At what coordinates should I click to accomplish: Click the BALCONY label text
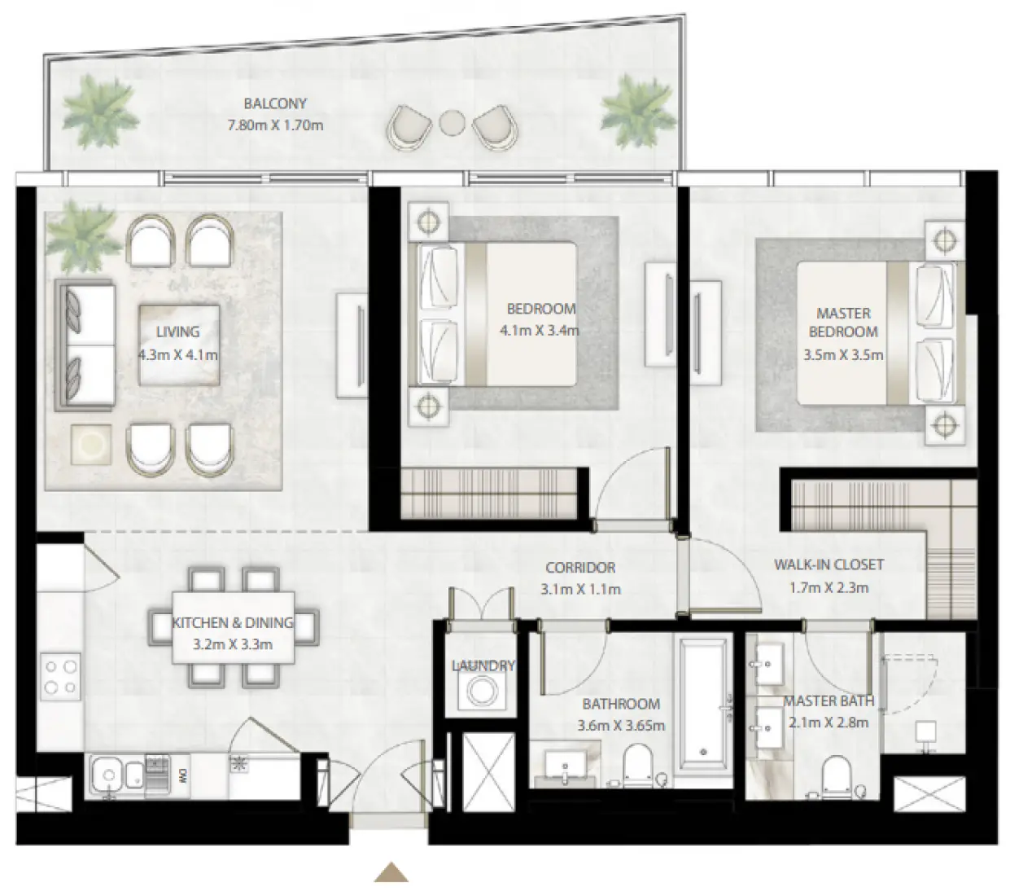(x=275, y=104)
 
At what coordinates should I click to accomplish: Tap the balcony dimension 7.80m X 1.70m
(x=275, y=125)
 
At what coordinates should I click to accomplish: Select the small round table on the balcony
(x=450, y=123)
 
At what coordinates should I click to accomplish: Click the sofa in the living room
(x=85, y=345)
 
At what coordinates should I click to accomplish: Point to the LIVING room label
(x=177, y=332)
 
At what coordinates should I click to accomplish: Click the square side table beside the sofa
(x=90, y=444)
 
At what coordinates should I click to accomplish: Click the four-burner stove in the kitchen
(x=61, y=678)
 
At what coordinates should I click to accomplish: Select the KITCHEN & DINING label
(x=232, y=622)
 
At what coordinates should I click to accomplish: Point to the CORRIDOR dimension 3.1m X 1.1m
(x=580, y=589)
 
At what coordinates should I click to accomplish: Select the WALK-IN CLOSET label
(x=829, y=564)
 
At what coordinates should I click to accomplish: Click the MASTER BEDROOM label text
(x=843, y=323)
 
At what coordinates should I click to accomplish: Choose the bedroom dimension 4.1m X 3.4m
(x=540, y=331)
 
